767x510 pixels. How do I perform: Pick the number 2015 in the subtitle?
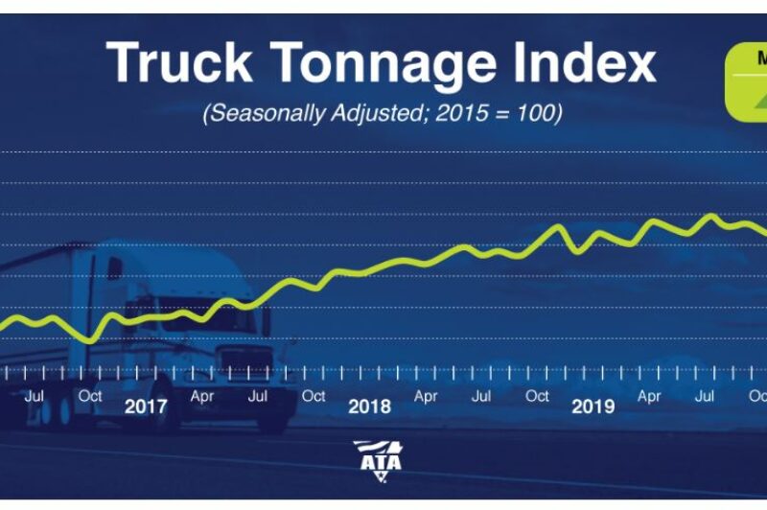tap(465, 112)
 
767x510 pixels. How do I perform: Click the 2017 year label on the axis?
tap(146, 406)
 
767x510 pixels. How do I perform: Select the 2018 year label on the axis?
tap(369, 406)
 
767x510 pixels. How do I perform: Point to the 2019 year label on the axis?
tap(593, 406)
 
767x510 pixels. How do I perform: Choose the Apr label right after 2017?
tap(201, 395)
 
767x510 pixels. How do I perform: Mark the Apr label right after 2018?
tap(426, 395)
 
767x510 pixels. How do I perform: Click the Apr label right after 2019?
tap(649, 395)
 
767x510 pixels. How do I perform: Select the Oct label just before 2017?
tap(90, 395)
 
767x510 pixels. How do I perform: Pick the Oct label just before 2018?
tap(314, 395)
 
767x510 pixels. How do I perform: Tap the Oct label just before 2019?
tap(537, 395)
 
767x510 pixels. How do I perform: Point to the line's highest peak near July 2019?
tap(710, 216)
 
